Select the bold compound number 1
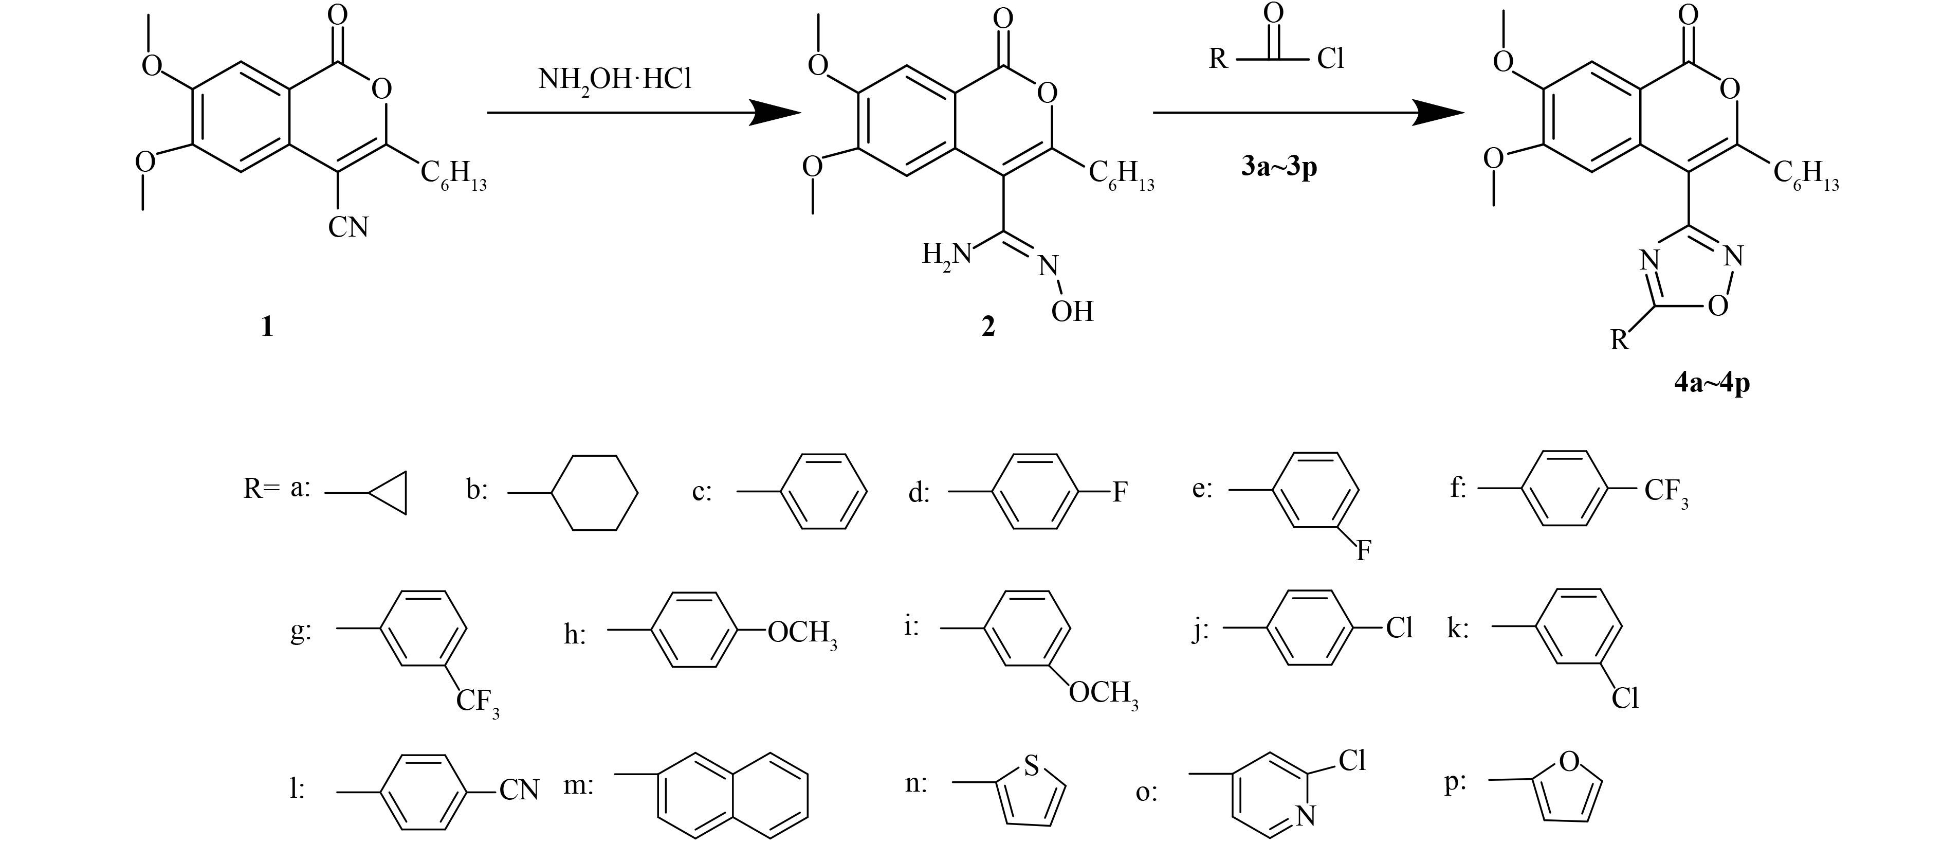tap(266, 327)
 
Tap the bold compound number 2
tap(987, 327)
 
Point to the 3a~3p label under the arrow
tap(1279, 166)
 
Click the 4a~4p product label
tap(1712, 383)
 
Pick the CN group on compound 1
tap(349, 226)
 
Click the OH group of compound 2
tap(1072, 311)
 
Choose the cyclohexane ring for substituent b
tap(596, 493)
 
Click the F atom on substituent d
tap(1120, 493)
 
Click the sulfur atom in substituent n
tap(1032, 766)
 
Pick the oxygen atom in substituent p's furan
tap(1569, 763)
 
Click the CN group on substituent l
tap(519, 791)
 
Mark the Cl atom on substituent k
tap(1625, 698)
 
